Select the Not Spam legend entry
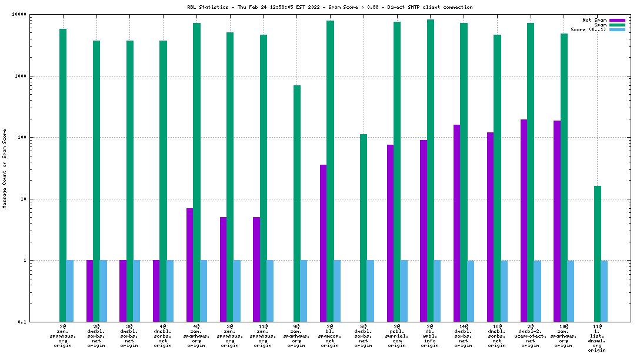pos(594,20)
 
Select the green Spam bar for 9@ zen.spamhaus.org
pos(297,204)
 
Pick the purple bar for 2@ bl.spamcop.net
pos(323,243)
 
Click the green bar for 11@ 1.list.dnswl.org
pos(598,254)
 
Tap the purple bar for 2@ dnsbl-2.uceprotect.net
pos(524,221)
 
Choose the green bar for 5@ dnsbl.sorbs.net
pos(364,228)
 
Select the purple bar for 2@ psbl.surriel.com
pos(390,233)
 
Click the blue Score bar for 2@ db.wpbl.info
pos(437,291)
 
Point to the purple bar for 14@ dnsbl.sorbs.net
pos(456,223)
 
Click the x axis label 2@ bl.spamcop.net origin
pos(330,335)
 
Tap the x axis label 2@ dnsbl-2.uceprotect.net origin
pos(530,335)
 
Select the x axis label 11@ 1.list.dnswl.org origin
pos(597,338)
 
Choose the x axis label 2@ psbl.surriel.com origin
pos(396,335)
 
